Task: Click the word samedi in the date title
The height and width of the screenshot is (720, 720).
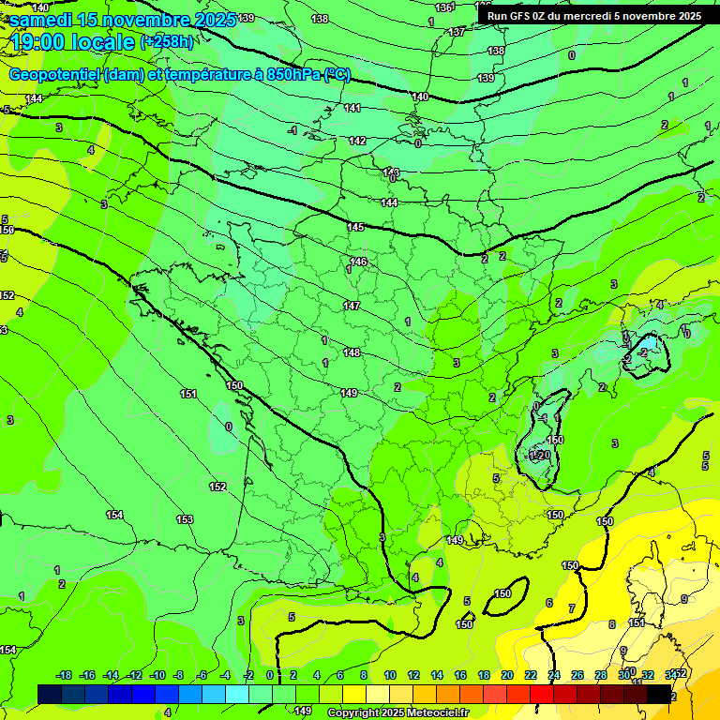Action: (42, 20)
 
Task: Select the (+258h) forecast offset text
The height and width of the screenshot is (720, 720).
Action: (167, 42)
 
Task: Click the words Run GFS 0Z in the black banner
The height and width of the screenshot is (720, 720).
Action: (519, 16)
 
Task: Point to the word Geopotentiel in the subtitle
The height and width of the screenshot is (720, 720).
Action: (55, 76)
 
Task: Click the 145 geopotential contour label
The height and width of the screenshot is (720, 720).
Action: (355, 227)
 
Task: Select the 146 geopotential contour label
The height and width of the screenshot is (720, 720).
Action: (358, 262)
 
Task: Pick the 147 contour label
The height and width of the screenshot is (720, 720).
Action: (352, 306)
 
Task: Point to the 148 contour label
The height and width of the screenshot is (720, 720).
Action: (352, 352)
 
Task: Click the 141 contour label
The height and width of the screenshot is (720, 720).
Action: (352, 108)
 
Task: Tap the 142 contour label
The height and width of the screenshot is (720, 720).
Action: (357, 141)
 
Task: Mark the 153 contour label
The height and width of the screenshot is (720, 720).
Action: (185, 519)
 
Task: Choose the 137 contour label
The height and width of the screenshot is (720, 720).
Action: (457, 32)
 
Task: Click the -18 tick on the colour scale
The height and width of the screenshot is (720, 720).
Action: (64, 675)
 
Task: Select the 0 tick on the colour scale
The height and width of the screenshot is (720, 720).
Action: (270, 675)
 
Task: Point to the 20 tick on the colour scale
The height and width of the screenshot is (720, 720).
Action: (507, 675)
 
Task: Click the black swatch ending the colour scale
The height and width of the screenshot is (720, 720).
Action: (659, 694)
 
